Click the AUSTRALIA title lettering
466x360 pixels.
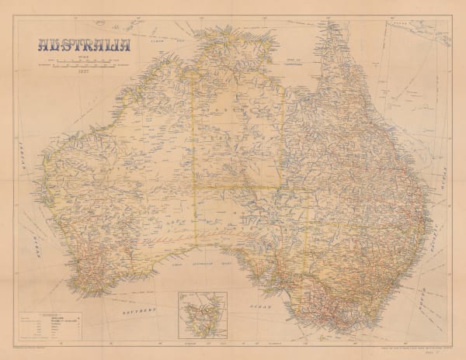(82, 43)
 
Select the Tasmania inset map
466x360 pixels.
(201, 315)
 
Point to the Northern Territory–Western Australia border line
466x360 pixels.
(196, 116)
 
